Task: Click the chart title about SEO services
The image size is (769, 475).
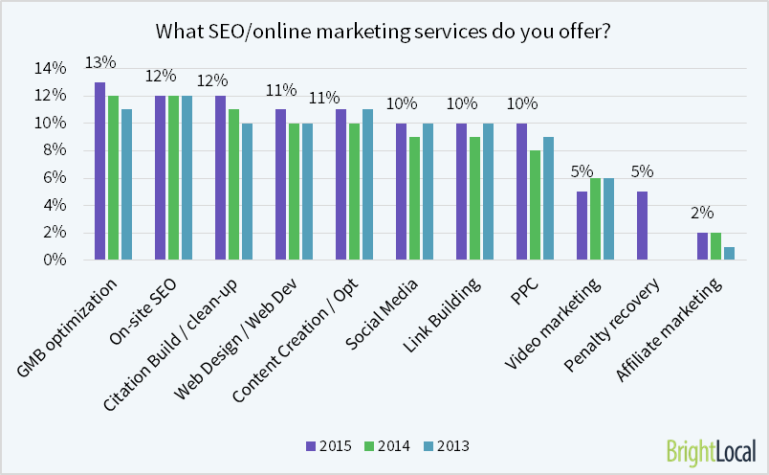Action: click(x=384, y=31)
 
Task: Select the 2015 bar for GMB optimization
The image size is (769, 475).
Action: click(x=99, y=170)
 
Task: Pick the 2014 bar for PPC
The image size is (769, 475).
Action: click(x=536, y=205)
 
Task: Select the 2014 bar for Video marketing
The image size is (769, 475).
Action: click(x=596, y=218)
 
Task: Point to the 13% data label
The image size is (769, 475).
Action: click(x=99, y=62)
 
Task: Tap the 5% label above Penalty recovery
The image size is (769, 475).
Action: click(x=641, y=172)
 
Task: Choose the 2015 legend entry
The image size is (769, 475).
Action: click(x=329, y=445)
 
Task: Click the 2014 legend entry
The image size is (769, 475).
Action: click(x=388, y=445)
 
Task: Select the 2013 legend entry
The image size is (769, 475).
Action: click(x=447, y=445)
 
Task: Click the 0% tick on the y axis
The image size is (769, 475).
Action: click(x=54, y=260)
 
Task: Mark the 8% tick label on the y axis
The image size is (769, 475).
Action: click(x=54, y=150)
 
